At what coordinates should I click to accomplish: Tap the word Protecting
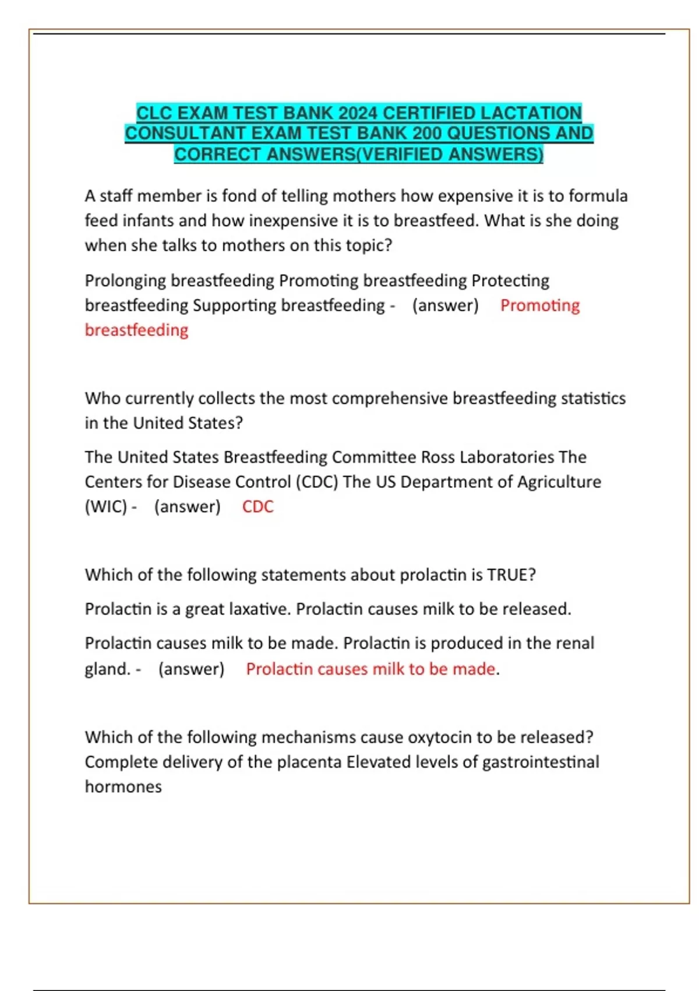pos(510,281)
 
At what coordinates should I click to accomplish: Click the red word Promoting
pos(540,305)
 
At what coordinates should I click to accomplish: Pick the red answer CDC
pos(257,507)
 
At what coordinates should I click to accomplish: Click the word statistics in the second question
pos(593,398)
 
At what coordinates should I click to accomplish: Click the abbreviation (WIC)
pos(106,507)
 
